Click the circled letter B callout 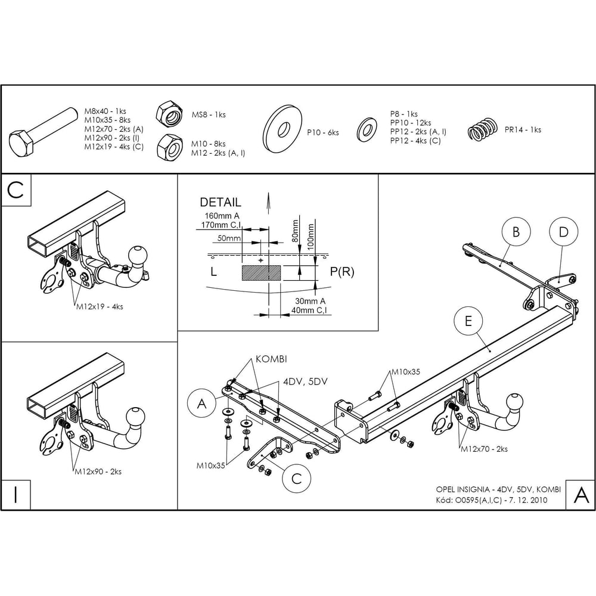(x=516, y=231)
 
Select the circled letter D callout (x=563, y=231)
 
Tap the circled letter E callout (x=468, y=321)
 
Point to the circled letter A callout (x=202, y=403)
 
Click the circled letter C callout (x=296, y=479)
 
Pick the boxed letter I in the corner (x=15, y=495)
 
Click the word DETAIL (x=221, y=202)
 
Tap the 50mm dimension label (x=229, y=238)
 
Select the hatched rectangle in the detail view (x=262, y=273)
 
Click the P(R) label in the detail (x=342, y=272)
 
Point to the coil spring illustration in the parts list (x=482, y=130)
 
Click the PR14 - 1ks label (x=523, y=129)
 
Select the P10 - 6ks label (x=322, y=133)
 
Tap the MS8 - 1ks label (x=208, y=114)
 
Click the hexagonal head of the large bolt (x=23, y=143)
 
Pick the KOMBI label (x=271, y=359)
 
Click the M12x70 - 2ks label (x=484, y=449)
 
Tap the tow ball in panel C (x=137, y=255)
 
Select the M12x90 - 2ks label (x=98, y=471)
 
